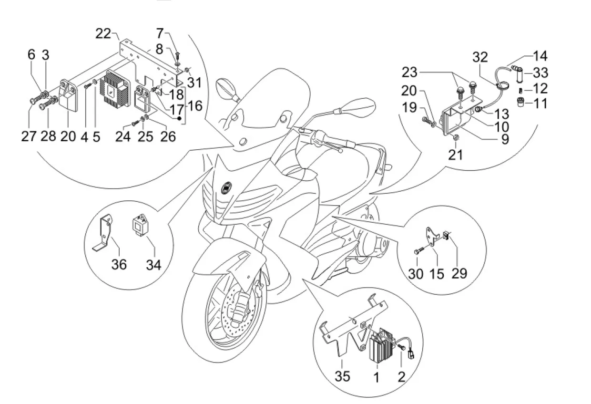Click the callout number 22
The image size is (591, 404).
click(103, 33)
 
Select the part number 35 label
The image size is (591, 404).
click(342, 376)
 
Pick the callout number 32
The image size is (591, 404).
click(481, 57)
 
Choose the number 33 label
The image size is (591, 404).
click(540, 73)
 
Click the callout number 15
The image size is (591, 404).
click(437, 273)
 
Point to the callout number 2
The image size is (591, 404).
click(401, 377)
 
